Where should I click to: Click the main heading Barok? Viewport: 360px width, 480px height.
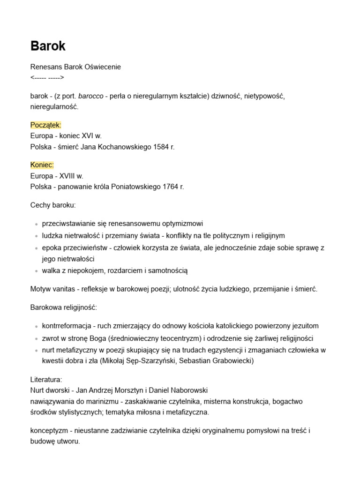(48, 46)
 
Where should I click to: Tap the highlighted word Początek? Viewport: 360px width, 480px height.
(46, 125)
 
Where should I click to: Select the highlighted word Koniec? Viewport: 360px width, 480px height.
(42, 165)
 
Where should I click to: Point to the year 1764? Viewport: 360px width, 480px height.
(172, 187)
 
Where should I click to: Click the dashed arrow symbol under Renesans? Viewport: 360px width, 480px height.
(47, 77)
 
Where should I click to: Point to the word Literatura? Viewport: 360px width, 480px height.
(46, 379)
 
